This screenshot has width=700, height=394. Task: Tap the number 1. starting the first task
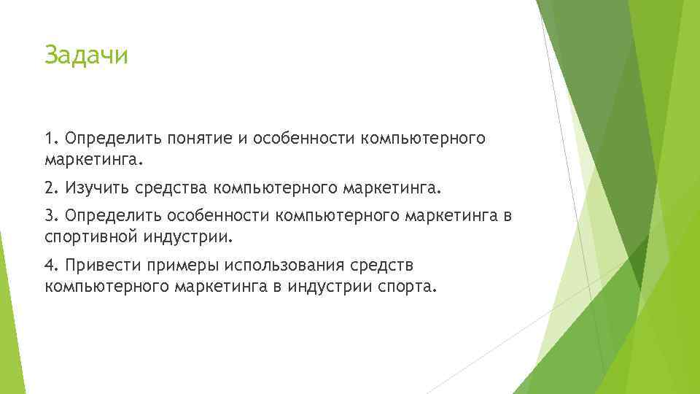[50, 139]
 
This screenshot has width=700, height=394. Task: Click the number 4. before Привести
[51, 266]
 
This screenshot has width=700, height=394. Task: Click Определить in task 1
[110, 139]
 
